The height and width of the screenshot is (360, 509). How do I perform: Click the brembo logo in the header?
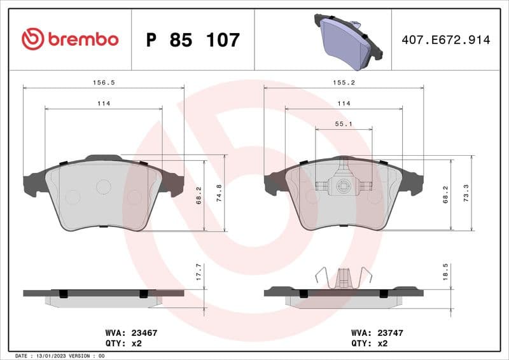pyautogui.click(x=70, y=39)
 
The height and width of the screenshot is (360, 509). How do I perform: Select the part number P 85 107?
pyautogui.click(x=193, y=40)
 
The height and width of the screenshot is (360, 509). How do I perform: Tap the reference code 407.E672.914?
pyautogui.click(x=445, y=40)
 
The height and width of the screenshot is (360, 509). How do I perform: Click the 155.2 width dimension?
pyautogui.click(x=344, y=82)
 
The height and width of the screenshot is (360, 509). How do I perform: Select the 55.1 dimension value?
pyautogui.click(x=344, y=124)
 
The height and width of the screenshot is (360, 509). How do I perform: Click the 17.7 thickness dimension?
pyautogui.click(x=199, y=272)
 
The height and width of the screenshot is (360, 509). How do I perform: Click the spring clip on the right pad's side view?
pyautogui.click(x=344, y=277)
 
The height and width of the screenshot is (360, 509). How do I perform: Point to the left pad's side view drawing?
pyautogui.click(x=103, y=296)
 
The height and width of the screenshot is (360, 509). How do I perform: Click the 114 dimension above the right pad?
pyautogui.click(x=344, y=103)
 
